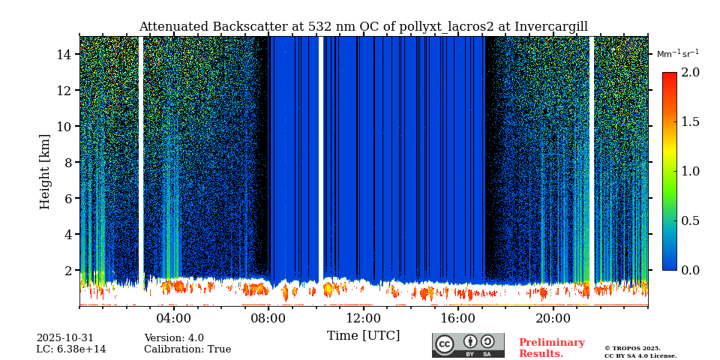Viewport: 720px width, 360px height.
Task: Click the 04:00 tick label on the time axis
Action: click(173, 317)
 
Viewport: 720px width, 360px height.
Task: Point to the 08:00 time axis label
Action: click(268, 317)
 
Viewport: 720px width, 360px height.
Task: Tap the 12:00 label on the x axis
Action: click(363, 317)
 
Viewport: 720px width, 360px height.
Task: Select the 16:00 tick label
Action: click(457, 317)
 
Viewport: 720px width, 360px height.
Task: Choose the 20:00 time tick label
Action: click(553, 317)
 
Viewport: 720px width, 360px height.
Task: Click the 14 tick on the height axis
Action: click(64, 54)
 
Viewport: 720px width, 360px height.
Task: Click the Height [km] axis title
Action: click(45, 171)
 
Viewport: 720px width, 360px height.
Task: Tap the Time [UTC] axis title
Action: click(363, 335)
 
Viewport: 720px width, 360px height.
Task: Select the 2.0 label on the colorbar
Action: click(691, 72)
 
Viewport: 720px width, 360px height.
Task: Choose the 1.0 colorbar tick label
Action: click(691, 171)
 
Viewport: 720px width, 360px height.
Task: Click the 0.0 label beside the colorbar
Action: click(691, 270)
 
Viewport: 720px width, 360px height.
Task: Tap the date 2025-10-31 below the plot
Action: click(65, 338)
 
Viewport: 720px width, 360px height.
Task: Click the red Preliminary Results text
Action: click(551, 348)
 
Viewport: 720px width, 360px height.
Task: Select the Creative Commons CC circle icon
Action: click(445, 344)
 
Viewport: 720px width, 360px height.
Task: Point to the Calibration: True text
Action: click(187, 349)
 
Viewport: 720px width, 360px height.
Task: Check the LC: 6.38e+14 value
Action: click(71, 349)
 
